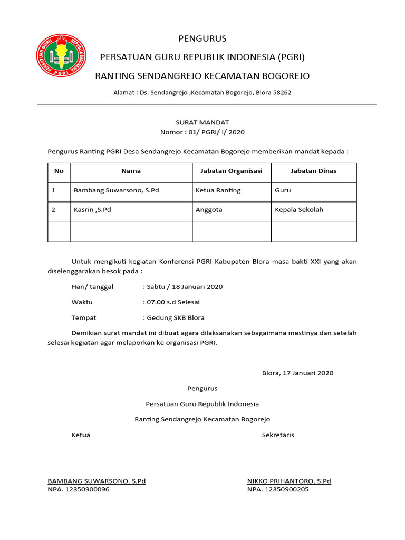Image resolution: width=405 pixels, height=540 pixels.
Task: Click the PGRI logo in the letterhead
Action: pos(61,55)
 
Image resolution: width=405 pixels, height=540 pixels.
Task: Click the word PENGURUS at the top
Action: pos(202,38)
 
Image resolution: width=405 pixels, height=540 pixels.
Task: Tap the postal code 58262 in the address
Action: pos(281,92)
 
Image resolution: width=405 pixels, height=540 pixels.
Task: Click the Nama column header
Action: pos(131,171)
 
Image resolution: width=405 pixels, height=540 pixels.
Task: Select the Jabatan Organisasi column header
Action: pos(232,171)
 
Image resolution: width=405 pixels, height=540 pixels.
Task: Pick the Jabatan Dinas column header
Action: pos(313,171)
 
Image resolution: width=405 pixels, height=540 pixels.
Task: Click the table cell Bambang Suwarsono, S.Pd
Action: pos(116,190)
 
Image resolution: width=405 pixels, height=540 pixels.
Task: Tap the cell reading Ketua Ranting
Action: pos(218,190)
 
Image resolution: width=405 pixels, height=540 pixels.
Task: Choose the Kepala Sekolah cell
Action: pos(299,210)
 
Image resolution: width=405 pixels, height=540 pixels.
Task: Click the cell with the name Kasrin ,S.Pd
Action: pos(92,210)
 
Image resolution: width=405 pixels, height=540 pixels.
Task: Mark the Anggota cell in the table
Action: pos(209,210)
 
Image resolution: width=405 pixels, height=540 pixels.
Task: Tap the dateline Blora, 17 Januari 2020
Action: pos(297,373)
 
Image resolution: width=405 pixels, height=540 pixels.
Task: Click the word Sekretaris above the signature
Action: pos(278,435)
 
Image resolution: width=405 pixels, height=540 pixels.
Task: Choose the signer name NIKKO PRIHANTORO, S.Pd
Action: pos(289,481)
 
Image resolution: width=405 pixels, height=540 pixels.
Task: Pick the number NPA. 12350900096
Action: pos(79,489)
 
